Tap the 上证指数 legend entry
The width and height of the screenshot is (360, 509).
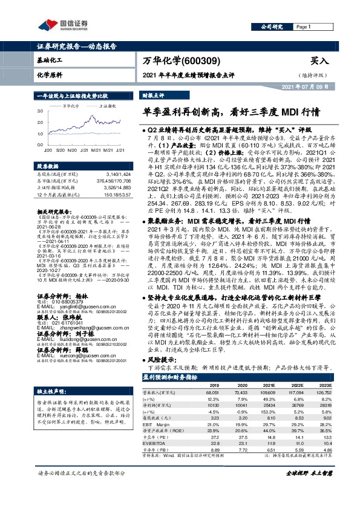tap(104, 105)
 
